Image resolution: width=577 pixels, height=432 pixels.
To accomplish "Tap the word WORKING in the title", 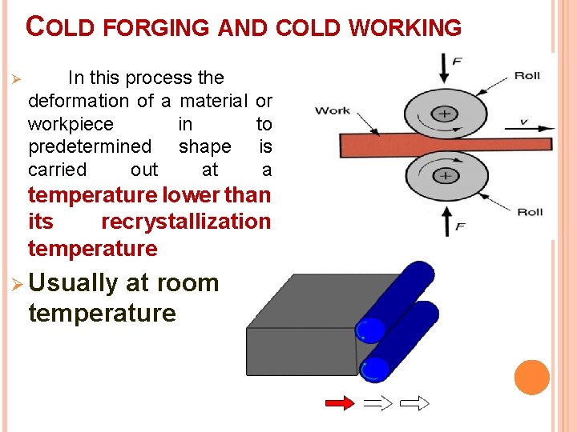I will (409, 28).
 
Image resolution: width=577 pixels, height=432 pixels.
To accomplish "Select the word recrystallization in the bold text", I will (186, 222).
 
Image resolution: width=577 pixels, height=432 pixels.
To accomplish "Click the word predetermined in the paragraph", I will (89, 147).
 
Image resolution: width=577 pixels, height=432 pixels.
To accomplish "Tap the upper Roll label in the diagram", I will (527, 76).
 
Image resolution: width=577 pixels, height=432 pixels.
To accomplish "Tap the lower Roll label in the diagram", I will (530, 212).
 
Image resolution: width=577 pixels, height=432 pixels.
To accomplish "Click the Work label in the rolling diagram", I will (333, 110).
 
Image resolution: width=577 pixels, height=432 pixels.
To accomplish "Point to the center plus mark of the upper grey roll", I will (446, 114).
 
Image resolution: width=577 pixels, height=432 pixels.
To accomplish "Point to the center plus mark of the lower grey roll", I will (446, 175).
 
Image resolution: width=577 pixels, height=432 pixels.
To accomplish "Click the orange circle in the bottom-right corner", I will (531, 378).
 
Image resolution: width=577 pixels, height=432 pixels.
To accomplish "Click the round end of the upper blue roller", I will (369, 330).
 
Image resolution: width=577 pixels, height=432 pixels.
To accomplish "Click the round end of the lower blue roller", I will (374, 369).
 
